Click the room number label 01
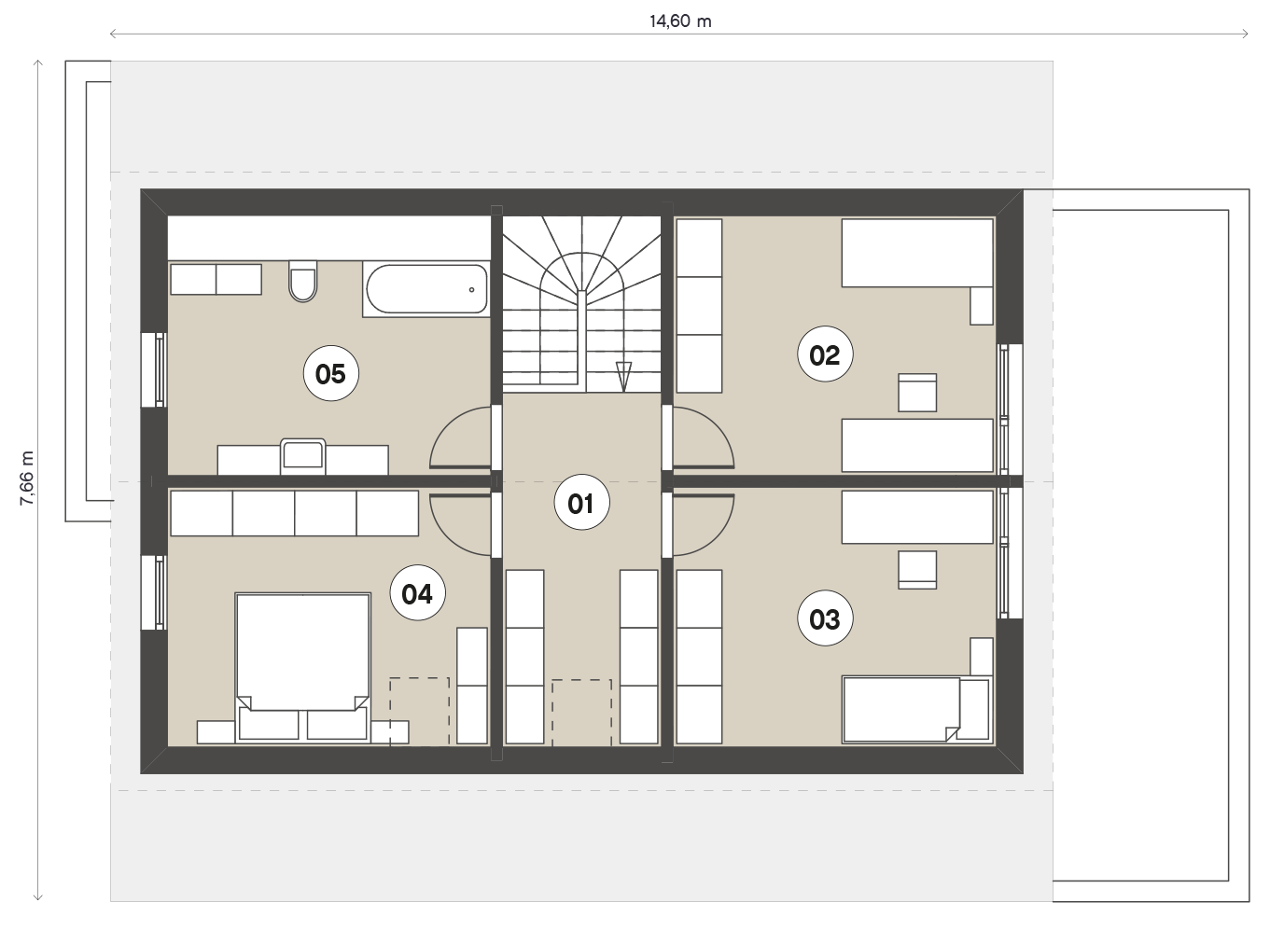pyautogui.click(x=581, y=503)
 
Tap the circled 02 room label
pyautogui.click(x=825, y=354)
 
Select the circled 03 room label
pyautogui.click(x=825, y=618)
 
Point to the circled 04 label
pyautogui.click(x=417, y=592)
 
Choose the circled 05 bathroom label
pyautogui.click(x=330, y=373)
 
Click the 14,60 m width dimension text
pyautogui.click(x=680, y=21)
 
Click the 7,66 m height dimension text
pyautogui.click(x=27, y=478)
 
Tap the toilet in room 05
pyautogui.click(x=302, y=281)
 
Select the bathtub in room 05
pyautogui.click(x=426, y=289)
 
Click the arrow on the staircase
pyautogui.click(x=623, y=377)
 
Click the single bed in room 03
pyautogui.click(x=916, y=711)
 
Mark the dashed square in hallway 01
pyautogui.click(x=582, y=713)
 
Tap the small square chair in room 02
pyautogui.click(x=917, y=393)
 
